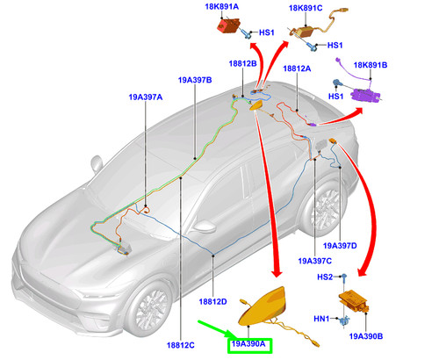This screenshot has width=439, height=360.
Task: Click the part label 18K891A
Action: pyautogui.click(x=221, y=6)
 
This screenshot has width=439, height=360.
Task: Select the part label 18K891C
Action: pyautogui.click(x=306, y=8)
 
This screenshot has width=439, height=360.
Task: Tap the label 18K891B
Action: pyautogui.click(x=371, y=65)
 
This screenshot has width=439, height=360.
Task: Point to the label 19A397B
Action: pyautogui.click(x=195, y=80)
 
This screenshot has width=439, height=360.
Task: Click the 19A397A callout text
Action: pyautogui.click(x=146, y=97)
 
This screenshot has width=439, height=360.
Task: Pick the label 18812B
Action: pyautogui.click(x=242, y=63)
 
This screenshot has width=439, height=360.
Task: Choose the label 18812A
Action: pyautogui.click(x=297, y=68)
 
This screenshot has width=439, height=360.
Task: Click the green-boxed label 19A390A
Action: pyautogui.click(x=248, y=344)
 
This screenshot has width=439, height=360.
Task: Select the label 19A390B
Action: pyautogui.click(x=366, y=336)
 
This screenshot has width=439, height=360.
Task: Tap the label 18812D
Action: pyautogui.click(x=212, y=301)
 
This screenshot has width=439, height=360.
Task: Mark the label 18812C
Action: pyautogui.click(x=181, y=345)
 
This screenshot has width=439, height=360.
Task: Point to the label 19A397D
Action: pyautogui.click(x=340, y=246)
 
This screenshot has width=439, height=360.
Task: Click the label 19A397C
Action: pyautogui.click(x=315, y=261)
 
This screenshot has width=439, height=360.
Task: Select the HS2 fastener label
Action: pyautogui.click(x=325, y=277)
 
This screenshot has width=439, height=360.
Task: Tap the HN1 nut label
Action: pyautogui.click(x=321, y=319)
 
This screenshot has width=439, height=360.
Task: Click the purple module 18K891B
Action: pyautogui.click(x=365, y=96)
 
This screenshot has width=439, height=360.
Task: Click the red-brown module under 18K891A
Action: pyautogui.click(x=228, y=25)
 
